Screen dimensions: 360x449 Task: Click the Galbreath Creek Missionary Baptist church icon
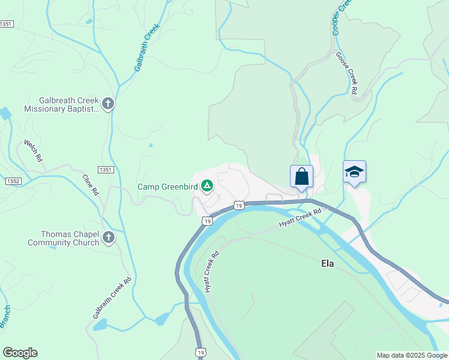coord(108,104)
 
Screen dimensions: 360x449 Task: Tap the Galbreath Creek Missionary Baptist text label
coord(60,105)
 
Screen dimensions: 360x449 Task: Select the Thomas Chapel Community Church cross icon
coord(109,238)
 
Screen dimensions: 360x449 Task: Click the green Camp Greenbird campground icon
coord(206,186)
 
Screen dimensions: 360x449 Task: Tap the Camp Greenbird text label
coord(167,187)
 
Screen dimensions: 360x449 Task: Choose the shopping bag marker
coord(301,176)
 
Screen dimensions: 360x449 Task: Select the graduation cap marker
coord(354,172)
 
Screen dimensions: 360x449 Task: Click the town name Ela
coord(327,263)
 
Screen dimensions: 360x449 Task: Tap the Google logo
coord(20,353)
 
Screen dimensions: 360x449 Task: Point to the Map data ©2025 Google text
coord(412,355)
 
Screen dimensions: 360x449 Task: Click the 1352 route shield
coord(13,181)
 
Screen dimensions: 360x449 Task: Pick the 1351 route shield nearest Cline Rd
coord(106,170)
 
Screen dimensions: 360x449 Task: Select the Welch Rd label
coord(34,151)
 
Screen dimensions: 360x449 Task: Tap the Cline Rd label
coord(90,185)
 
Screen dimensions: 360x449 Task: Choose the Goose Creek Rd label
coord(346,73)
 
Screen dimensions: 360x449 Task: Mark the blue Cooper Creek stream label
coord(340,17)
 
